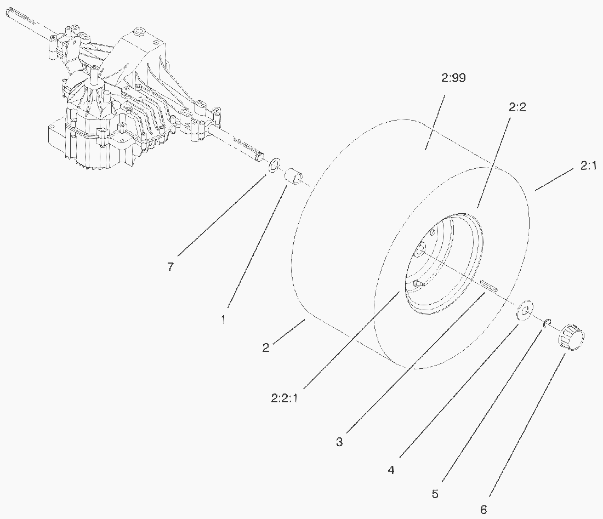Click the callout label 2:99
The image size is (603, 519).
point(453,78)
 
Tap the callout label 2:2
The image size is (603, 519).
point(517,107)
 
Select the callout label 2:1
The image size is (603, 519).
point(588,166)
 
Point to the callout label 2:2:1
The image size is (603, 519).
point(284,398)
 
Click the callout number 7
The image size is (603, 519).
point(170,266)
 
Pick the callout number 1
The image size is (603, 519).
point(223,320)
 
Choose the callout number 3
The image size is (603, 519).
point(339,442)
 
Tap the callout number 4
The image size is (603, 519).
point(391,470)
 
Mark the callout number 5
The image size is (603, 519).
point(435,494)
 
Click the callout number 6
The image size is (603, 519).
point(484,510)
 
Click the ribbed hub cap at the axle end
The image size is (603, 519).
point(571,337)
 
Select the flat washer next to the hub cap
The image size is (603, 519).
point(524,310)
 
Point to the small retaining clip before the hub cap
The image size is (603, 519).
point(547,324)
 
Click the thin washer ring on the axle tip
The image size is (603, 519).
point(274,166)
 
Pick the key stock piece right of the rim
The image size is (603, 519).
point(489,285)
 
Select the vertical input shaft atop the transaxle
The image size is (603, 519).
point(93,76)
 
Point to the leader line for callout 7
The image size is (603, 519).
point(222,215)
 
